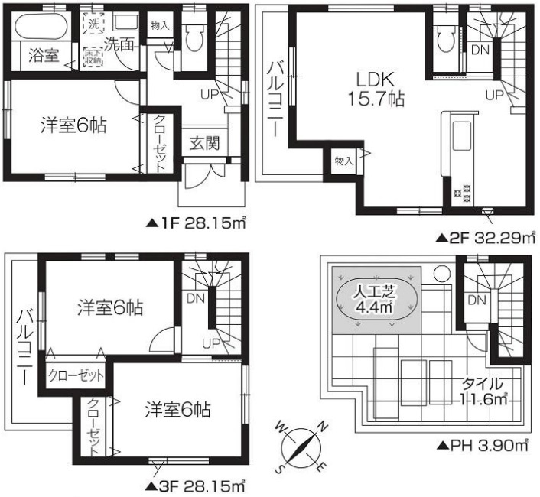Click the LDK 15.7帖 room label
point(372,89)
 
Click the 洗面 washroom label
point(120,44)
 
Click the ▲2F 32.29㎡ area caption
point(485,237)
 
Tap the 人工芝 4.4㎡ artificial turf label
point(375,299)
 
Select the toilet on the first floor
point(194,35)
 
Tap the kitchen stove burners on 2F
point(463,196)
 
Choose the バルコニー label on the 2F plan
point(274,100)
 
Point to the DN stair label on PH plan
point(475,298)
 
